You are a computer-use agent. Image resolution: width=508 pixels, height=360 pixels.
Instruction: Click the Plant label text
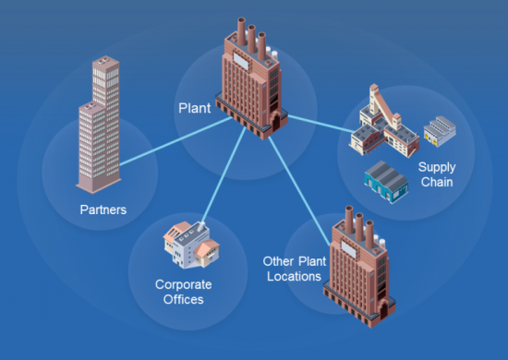195,107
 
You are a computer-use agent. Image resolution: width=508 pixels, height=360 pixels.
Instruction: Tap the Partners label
103,210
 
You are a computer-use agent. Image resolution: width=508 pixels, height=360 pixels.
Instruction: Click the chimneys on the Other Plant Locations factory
359,222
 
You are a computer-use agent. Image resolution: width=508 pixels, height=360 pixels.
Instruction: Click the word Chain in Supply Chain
436,182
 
